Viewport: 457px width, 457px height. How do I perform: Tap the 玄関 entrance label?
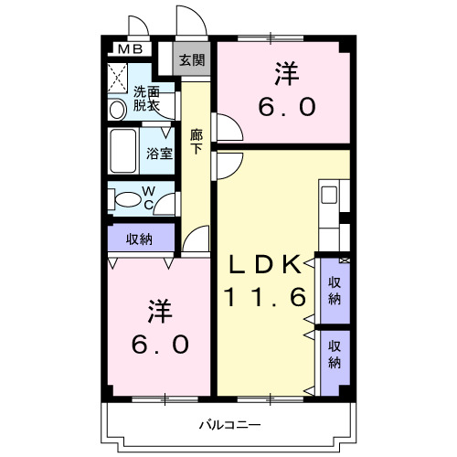[x=192, y=60]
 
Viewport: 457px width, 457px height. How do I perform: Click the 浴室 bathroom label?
[x=160, y=153]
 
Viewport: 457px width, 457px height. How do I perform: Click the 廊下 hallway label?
[x=197, y=142]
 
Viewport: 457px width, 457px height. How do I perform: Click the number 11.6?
[x=264, y=297]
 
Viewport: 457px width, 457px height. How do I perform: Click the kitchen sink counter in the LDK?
[x=329, y=196]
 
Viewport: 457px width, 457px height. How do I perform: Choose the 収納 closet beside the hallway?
[x=139, y=239]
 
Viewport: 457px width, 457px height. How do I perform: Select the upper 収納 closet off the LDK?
[x=335, y=290]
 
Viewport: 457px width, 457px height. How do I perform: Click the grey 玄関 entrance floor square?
[x=192, y=60]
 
